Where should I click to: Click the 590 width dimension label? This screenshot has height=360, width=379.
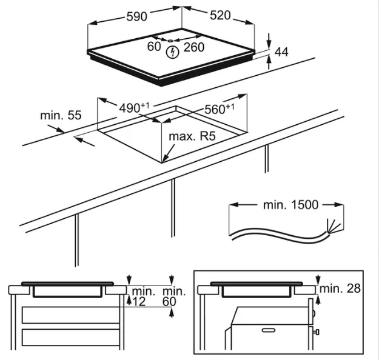pyautogui.click(x=136, y=17)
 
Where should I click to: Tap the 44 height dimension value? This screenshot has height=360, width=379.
pyautogui.click(x=281, y=53)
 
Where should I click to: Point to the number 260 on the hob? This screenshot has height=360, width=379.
pyautogui.click(x=193, y=47)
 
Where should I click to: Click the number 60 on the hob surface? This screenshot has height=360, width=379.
pyautogui.click(x=154, y=47)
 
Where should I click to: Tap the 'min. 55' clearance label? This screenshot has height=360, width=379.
pyautogui.click(x=53, y=116)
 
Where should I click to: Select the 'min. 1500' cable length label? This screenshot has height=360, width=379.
pyautogui.click(x=290, y=204)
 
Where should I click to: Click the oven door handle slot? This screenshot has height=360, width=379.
pyautogui.click(x=268, y=330)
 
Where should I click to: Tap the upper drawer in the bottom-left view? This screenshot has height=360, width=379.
pyautogui.click(x=70, y=315)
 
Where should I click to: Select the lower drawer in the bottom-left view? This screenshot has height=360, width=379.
pyautogui.click(x=70, y=337)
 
